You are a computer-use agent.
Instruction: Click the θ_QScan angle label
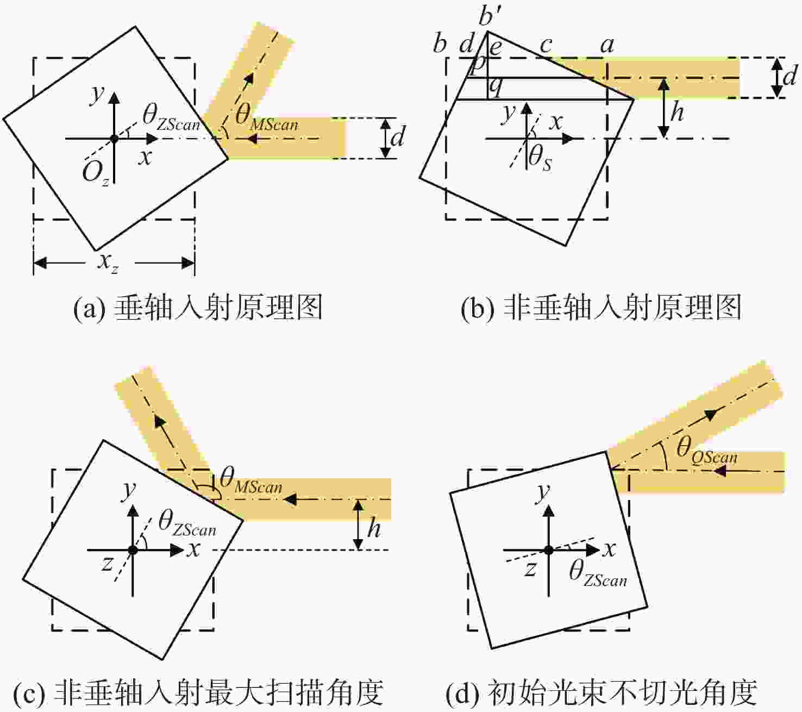pyautogui.click(x=707, y=452)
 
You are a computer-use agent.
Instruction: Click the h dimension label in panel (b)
pyautogui.click(x=677, y=111)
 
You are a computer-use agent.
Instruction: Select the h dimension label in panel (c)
pyautogui.click(x=374, y=528)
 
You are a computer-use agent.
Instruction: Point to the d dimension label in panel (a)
pyautogui.click(x=398, y=136)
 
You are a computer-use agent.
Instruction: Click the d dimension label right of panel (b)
pyautogui.click(x=790, y=76)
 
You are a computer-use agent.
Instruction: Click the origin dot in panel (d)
pyautogui.click(x=548, y=550)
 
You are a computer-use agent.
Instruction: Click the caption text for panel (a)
pyautogui.click(x=198, y=307)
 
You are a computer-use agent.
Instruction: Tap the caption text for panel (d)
pyautogui.click(x=601, y=693)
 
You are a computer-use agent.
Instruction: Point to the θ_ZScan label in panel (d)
pyautogui.click(x=598, y=574)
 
